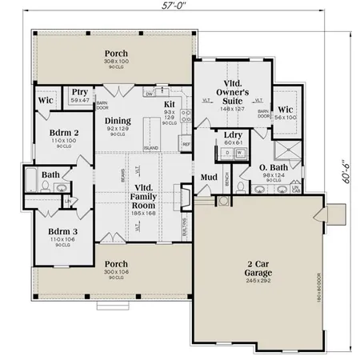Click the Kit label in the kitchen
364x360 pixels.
[x=170, y=104]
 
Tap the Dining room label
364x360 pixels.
[x=118, y=121]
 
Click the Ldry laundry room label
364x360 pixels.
[x=234, y=134]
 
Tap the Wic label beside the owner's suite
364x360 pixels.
[x=284, y=109]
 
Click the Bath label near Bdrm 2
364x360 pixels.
[x=50, y=174]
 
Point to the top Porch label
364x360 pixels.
[x=116, y=54]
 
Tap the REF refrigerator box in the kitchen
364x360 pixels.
[x=186, y=144]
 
